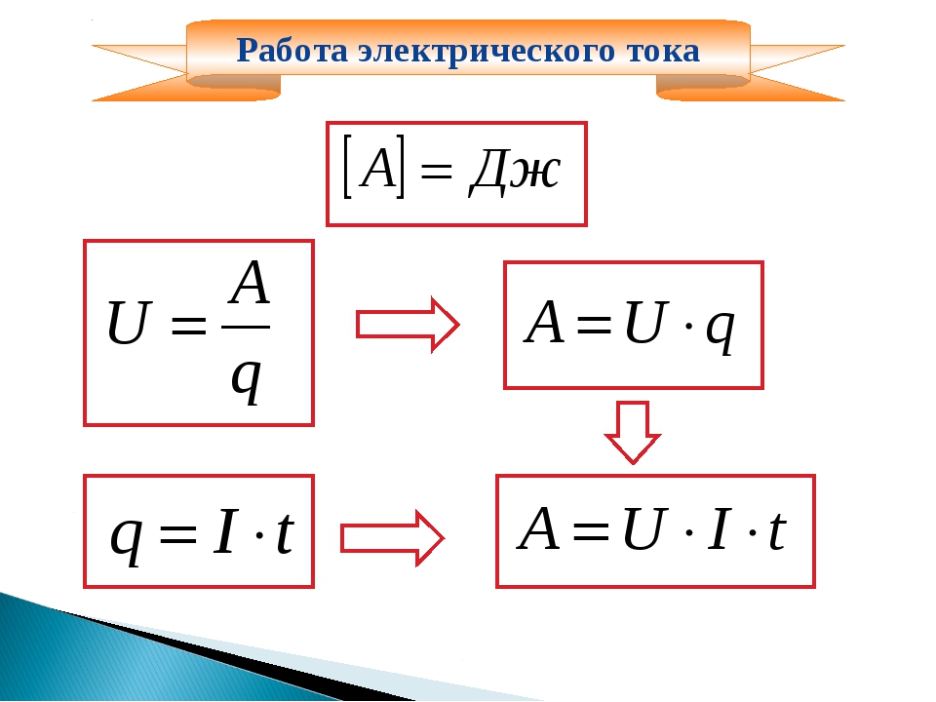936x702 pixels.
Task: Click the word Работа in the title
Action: (292, 50)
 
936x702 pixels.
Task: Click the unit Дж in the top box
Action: (515, 170)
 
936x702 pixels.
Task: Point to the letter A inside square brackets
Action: (379, 168)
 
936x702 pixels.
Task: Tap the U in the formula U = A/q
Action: (127, 323)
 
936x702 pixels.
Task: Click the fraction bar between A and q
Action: (246, 327)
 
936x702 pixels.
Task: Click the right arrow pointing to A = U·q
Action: (408, 325)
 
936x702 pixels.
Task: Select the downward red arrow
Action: (633, 432)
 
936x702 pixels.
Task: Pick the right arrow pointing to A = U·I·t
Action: (392, 538)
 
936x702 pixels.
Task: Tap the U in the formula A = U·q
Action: (644, 322)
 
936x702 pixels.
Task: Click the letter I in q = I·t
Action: (225, 531)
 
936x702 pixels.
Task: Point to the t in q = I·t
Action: (285, 532)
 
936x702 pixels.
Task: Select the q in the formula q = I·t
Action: (127, 539)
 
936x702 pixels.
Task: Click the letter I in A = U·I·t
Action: (719, 528)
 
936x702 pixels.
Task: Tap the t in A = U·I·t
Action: (777, 530)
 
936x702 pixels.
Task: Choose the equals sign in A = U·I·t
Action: (591, 529)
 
